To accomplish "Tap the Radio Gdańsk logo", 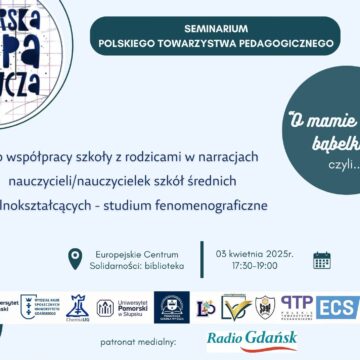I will click(x=252, y=340).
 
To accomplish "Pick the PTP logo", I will click(x=297, y=305).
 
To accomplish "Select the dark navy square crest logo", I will click(x=170, y=306).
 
